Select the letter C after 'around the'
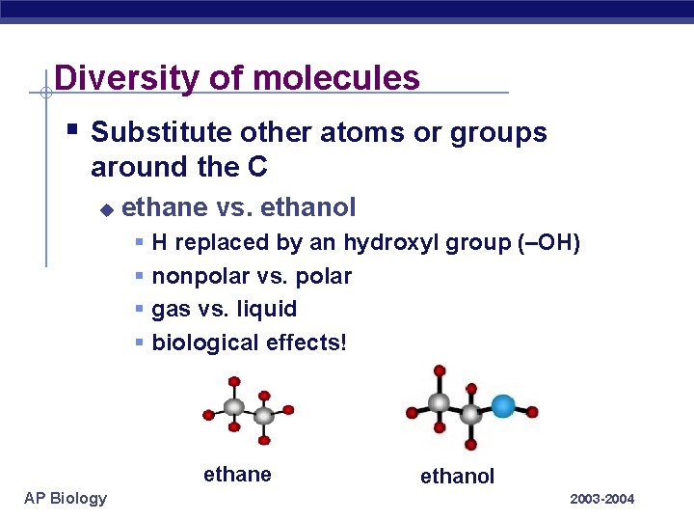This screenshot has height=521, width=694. pyautogui.click(x=256, y=167)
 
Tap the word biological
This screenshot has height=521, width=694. pyautogui.click(x=197, y=343)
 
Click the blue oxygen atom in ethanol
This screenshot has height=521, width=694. pyautogui.click(x=502, y=406)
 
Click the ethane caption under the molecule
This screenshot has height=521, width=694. pyautogui.click(x=237, y=474)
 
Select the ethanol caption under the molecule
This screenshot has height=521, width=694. pyautogui.click(x=457, y=476)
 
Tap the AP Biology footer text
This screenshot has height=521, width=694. pyautogui.click(x=67, y=498)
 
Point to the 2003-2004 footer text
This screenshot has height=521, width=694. pyautogui.click(x=602, y=499)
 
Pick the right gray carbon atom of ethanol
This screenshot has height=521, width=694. pyautogui.click(x=470, y=414)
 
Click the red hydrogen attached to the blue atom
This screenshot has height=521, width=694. pyautogui.click(x=532, y=412)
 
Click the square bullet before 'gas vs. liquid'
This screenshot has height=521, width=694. pyautogui.click(x=140, y=310)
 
